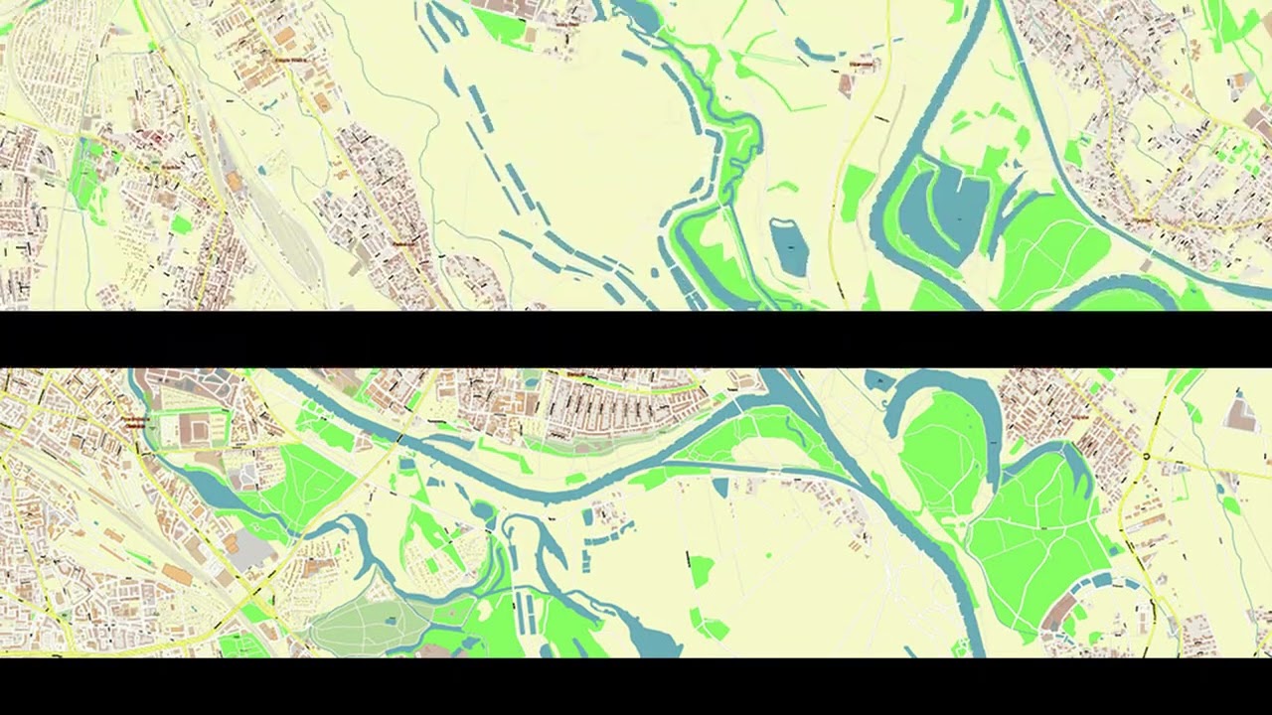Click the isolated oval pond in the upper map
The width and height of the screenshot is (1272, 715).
click(789, 246)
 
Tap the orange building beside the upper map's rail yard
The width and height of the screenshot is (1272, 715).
click(235, 182)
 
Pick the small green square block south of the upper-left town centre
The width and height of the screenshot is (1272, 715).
click(181, 224)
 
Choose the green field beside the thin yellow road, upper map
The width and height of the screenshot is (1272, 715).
click(856, 193)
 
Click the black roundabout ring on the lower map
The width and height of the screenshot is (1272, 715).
click(1146, 457)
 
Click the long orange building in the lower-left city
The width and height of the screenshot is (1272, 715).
click(178, 575)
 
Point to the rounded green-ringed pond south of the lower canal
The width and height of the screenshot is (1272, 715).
click(484, 512)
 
